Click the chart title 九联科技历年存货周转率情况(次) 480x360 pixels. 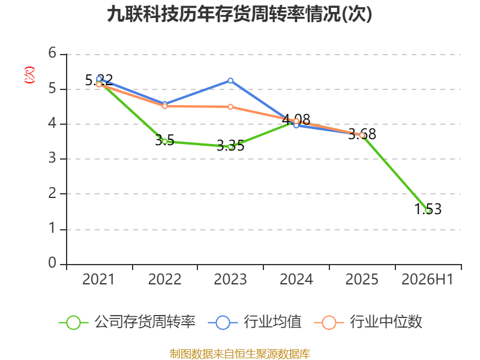click(239, 14)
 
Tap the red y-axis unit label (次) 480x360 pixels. click(29, 75)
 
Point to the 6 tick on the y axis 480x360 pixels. click(52, 53)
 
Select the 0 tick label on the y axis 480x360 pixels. click(52, 263)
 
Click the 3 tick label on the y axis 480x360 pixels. click(52, 158)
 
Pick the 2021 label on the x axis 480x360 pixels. click(98, 279)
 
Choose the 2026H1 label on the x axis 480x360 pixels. click(427, 279)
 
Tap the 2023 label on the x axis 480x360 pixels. click(230, 279)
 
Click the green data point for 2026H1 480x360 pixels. click(428, 211)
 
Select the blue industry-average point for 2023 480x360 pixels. click(230, 81)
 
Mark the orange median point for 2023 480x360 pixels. click(230, 107)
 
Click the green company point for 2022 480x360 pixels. click(164, 142)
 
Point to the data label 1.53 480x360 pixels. click(428, 209)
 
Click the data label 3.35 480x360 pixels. click(230, 145)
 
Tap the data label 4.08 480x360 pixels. click(296, 119)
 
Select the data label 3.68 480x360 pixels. click(362, 134)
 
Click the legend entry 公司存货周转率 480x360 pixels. click(127, 322)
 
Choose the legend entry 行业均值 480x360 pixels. click(254, 322)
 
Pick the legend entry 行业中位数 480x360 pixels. click(368, 322)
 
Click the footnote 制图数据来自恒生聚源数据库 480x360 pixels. click(239, 353)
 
